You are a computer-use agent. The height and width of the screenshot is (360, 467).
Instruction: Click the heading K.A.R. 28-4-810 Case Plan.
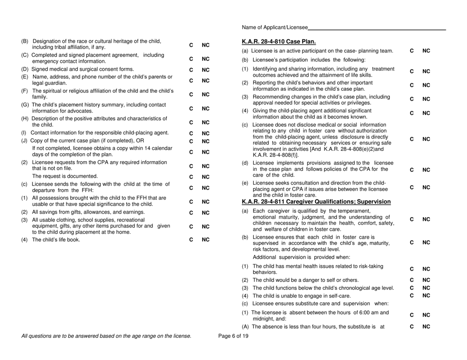coord(279,41)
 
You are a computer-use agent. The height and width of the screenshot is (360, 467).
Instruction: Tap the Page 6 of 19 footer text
coord(233,336)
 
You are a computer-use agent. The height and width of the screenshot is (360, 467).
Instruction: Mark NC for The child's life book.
coord(205,240)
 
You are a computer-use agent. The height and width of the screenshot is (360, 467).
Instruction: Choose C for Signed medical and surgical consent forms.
coord(191,69)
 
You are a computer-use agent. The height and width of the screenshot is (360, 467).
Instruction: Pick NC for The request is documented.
coord(205,176)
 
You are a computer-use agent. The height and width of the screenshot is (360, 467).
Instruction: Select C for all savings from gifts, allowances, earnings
coord(191,213)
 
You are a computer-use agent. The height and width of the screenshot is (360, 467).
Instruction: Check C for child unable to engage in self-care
coord(412,296)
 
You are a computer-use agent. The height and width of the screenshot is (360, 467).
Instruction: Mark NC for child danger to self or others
coord(426,279)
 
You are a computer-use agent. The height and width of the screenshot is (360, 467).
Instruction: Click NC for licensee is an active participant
coord(426,51)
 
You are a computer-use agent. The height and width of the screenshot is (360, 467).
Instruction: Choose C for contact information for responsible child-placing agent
coord(191,133)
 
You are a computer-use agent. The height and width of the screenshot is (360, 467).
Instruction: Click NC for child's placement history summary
coord(205,108)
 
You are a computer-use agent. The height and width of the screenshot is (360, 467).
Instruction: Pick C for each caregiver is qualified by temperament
coord(412,219)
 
